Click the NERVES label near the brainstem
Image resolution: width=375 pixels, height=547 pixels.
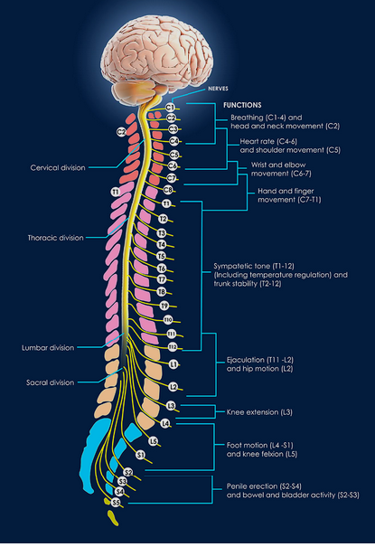pyautogui.click(x=218, y=89)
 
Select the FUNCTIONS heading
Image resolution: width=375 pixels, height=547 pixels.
pyautogui.click(x=242, y=105)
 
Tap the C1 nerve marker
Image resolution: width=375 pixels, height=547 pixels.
pyautogui.click(x=170, y=107)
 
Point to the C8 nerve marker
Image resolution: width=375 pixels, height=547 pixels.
pyautogui.click(x=168, y=190)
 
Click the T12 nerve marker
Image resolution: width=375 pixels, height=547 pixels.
pyautogui.click(x=173, y=347)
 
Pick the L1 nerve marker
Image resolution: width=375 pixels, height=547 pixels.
pyautogui.click(x=173, y=364)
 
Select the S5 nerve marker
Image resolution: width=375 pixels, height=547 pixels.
pyautogui.click(x=116, y=503)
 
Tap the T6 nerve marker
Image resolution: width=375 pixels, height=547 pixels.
pyautogui.click(x=162, y=269)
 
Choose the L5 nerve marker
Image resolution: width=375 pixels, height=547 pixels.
pyautogui.click(x=154, y=441)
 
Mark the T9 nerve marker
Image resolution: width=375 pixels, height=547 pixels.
pyautogui.click(x=164, y=306)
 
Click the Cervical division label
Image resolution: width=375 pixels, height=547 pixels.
pyautogui.click(x=58, y=168)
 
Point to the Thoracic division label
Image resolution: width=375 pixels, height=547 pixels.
pyautogui.click(x=56, y=238)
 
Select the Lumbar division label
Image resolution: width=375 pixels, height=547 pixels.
pyautogui.click(x=48, y=348)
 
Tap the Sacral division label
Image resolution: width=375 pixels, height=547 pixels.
pyautogui.click(x=51, y=382)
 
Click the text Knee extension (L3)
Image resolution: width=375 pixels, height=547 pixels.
pyautogui.click(x=259, y=412)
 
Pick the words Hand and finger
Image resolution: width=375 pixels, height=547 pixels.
pyautogui.click(x=286, y=191)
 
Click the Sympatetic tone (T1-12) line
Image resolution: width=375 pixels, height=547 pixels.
pyautogui.click(x=254, y=266)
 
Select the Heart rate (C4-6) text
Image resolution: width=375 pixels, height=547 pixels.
pyautogui.click(x=268, y=142)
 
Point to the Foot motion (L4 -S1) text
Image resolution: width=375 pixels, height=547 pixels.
pyautogui.click(x=259, y=446)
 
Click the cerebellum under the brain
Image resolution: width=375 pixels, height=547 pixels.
pyautogui.click(x=134, y=90)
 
